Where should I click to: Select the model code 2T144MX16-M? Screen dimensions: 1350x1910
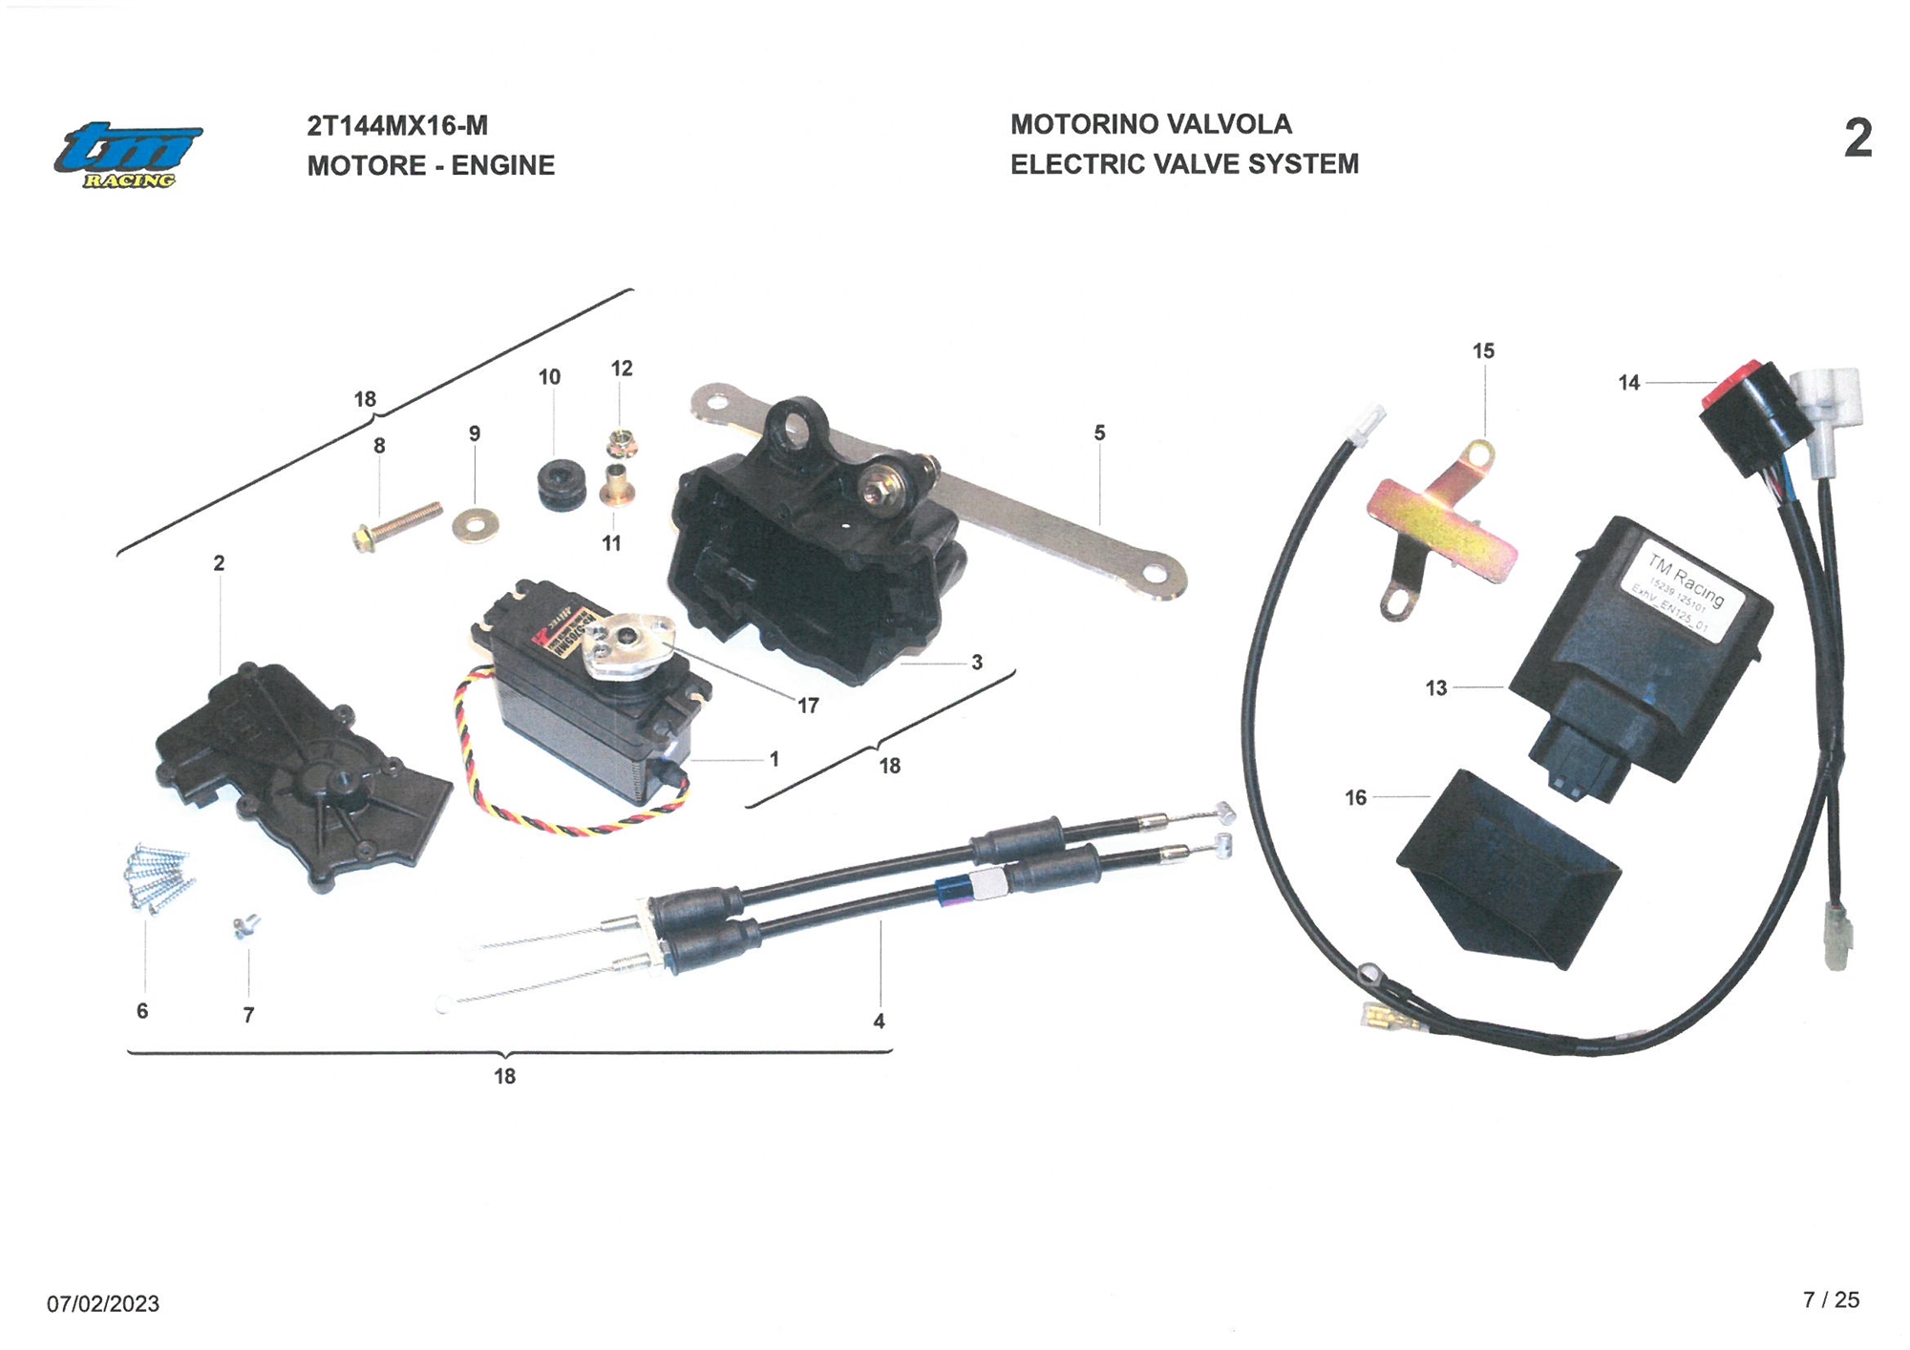coord(397,126)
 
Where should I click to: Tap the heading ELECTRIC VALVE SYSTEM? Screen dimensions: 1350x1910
coord(1184,164)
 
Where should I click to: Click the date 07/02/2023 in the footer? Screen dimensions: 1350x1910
coord(103,1303)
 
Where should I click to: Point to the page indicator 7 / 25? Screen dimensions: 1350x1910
coord(1831,1299)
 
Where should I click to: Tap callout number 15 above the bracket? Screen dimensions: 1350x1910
coord(1483,351)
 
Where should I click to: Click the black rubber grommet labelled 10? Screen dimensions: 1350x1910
coord(562,485)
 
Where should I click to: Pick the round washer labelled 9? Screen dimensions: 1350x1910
coord(475,522)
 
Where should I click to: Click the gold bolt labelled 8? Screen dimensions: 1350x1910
coord(396,527)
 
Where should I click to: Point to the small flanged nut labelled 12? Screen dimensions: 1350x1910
coord(621,444)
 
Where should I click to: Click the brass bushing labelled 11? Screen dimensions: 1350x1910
coord(616,487)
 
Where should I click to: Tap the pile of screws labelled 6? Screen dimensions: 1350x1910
coord(158,876)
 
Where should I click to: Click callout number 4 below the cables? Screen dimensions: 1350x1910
coord(879,1022)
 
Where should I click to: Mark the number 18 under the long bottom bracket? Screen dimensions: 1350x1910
coord(504,1076)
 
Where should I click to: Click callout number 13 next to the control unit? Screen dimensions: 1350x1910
coord(1436,688)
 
